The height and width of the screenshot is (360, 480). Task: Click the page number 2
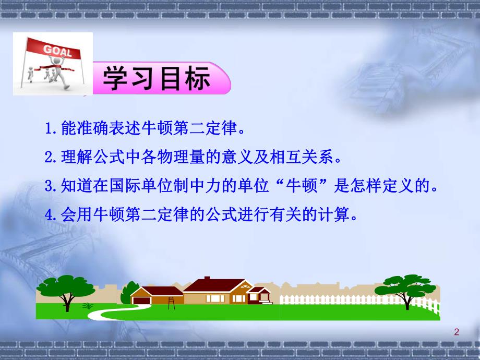tap(457, 332)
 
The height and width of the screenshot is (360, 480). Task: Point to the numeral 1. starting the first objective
tap(50, 128)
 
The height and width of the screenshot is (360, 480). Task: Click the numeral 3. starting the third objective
tap(50, 186)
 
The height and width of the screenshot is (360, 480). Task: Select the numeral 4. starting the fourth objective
tap(50, 215)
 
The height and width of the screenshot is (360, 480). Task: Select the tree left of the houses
tap(65, 290)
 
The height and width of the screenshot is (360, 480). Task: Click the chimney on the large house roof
tap(207, 279)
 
